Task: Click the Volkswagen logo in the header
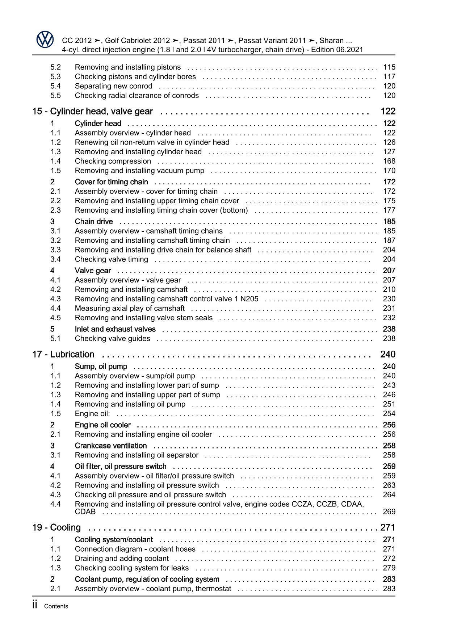click(45, 40)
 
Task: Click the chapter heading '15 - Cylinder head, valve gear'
click(92, 112)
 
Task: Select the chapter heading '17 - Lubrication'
click(63, 354)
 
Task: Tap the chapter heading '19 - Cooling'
click(56, 527)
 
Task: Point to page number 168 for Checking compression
click(389, 161)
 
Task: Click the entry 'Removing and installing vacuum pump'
click(139, 171)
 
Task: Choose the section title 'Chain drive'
click(94, 222)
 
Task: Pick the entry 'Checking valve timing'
click(111, 259)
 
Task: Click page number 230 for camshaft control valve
click(389, 299)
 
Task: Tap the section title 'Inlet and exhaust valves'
click(115, 329)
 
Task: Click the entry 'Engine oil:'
click(92, 414)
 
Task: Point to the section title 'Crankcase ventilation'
click(111, 446)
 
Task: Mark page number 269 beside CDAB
click(389, 512)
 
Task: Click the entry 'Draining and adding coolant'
click(122, 559)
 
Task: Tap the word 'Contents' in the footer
click(56, 606)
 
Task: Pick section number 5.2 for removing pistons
click(55, 67)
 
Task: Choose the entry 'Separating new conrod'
click(113, 86)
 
